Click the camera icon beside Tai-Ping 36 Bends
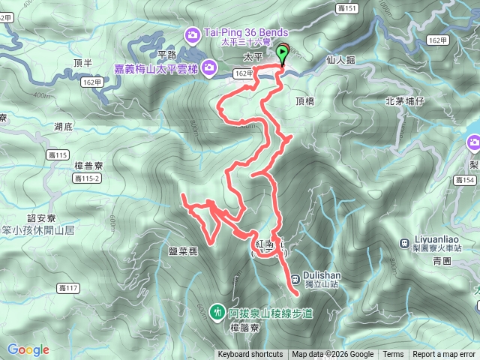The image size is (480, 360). pyautogui.click(x=193, y=34)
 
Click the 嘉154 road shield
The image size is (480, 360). pyautogui.click(x=465, y=180)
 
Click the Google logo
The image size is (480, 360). pyautogui.click(x=28, y=349)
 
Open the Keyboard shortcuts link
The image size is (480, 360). pyautogui.click(x=251, y=355)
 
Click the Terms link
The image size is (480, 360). pyautogui.click(x=393, y=355)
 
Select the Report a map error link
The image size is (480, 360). pyautogui.click(x=445, y=355)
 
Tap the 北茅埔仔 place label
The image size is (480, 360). pyautogui.click(x=404, y=101)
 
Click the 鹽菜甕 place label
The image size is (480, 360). pyautogui.click(x=184, y=253)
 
